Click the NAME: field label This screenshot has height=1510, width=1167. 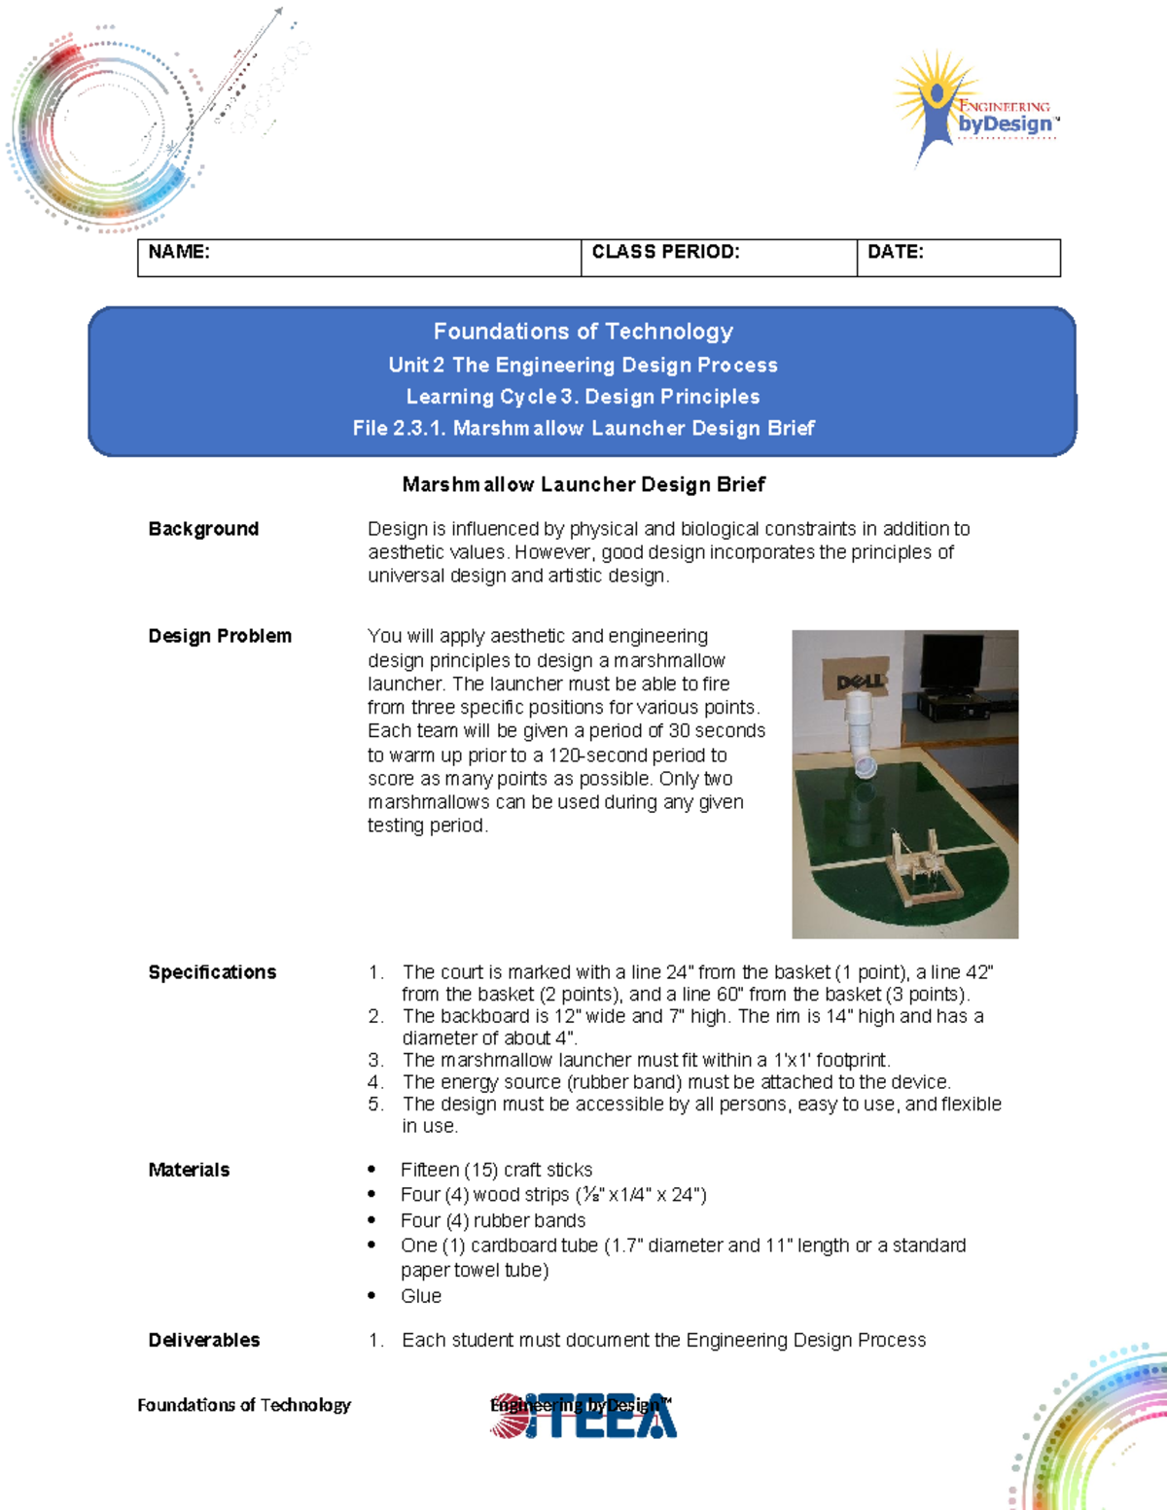(179, 252)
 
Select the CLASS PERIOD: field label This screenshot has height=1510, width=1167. (665, 252)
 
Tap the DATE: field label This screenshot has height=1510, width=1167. (895, 252)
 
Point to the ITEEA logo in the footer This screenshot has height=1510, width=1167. (583, 1416)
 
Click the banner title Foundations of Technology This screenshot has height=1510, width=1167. (583, 332)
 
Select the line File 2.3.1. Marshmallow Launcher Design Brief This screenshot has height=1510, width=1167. (583, 428)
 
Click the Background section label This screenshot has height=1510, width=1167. (203, 529)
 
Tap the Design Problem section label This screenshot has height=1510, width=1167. (220, 636)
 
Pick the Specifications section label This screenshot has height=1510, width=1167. (212, 972)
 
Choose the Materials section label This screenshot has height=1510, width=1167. (189, 1170)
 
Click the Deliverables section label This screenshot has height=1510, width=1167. (204, 1340)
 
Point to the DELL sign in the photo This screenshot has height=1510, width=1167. (860, 680)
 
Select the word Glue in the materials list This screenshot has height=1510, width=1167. (421, 1296)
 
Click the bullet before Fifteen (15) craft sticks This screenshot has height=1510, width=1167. (371, 1170)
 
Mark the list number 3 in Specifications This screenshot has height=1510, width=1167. (375, 1060)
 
